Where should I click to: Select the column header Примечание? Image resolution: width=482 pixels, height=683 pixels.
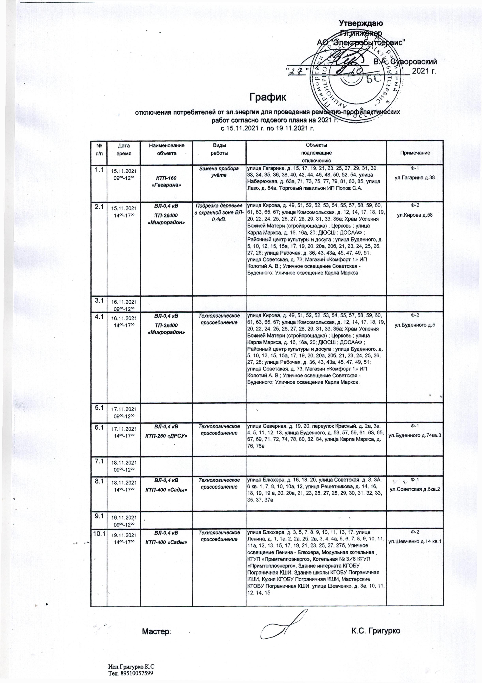click(415, 153)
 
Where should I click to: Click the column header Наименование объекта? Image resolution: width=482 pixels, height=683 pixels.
click(167, 149)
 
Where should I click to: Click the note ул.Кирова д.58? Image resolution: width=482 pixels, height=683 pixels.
click(415, 215)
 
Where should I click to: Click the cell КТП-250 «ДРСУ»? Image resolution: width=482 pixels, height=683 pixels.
click(166, 436)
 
